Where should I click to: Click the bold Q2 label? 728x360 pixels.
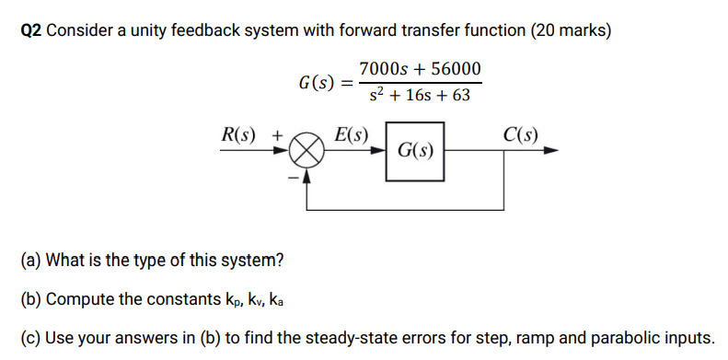click(30, 30)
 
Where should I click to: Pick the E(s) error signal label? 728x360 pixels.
click(351, 135)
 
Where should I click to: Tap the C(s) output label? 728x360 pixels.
click(522, 135)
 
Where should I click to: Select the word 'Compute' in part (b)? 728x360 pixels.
click(79, 299)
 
